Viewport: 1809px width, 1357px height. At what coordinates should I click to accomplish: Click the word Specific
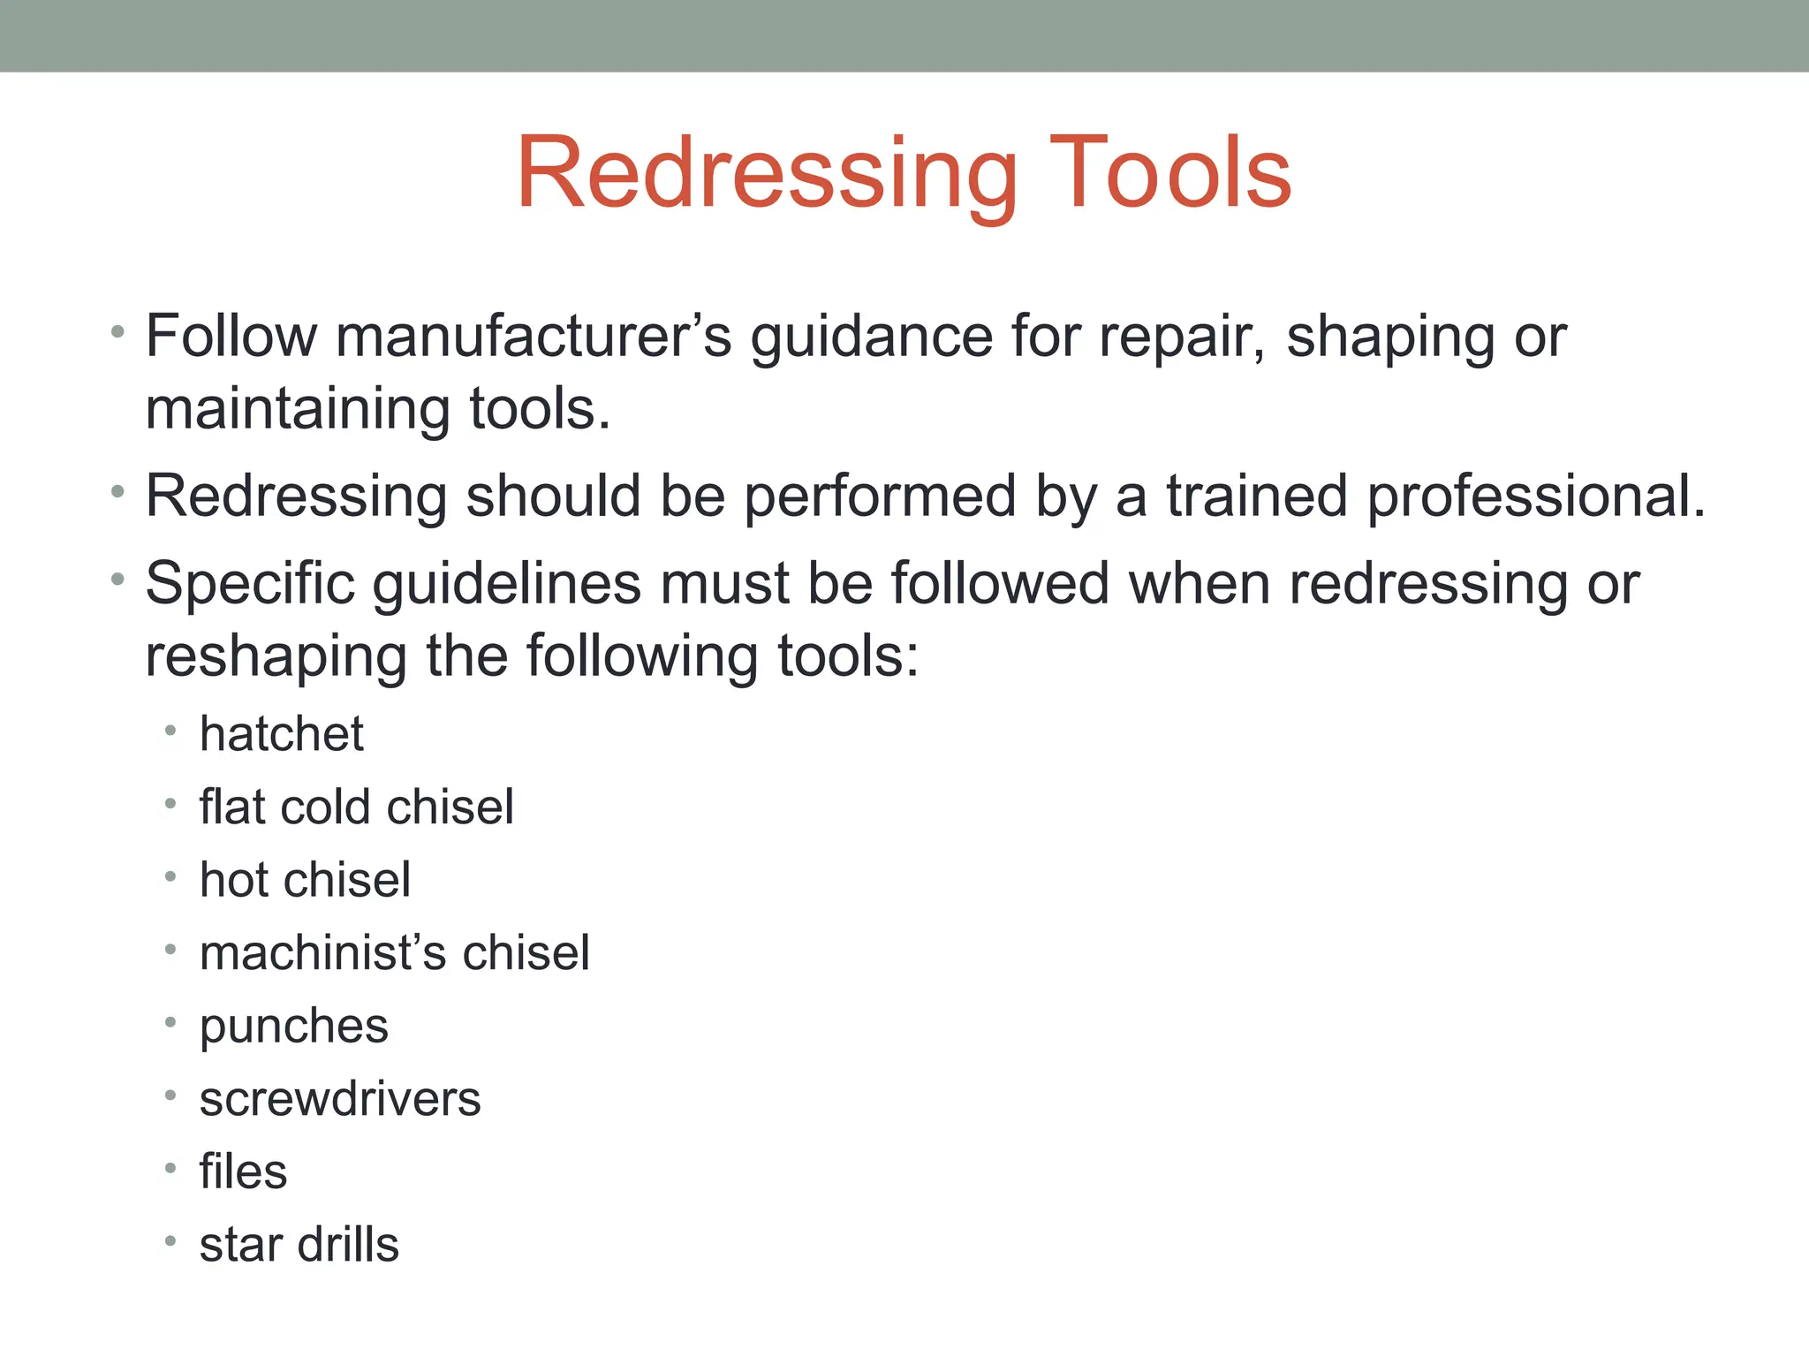(249, 585)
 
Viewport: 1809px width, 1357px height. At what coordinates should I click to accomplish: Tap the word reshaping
(276, 657)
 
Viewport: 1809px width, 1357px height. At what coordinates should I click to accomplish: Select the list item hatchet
(281, 734)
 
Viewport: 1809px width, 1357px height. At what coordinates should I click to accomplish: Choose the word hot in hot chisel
(231, 880)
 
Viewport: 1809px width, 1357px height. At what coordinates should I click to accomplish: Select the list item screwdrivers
(340, 1099)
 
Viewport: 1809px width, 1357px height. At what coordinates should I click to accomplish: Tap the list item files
(243, 1171)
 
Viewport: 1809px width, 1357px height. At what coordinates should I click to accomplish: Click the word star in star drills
(238, 1245)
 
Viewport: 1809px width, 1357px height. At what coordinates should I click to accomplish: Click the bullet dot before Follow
(117, 332)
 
